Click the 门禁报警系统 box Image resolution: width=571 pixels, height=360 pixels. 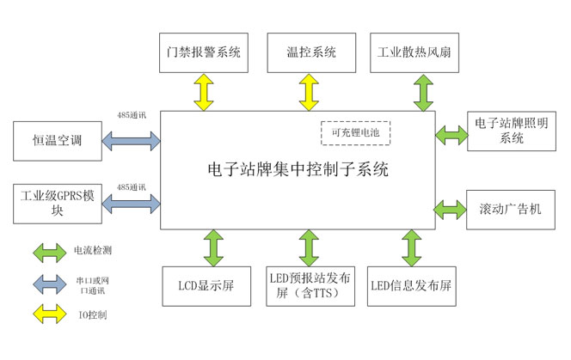[x=204, y=52]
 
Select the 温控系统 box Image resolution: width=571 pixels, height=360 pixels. [x=310, y=52]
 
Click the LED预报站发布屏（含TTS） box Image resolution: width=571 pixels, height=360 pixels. [x=310, y=285]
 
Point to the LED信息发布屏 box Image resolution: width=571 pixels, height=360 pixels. [x=411, y=285]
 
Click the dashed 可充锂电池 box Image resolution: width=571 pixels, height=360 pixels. [x=355, y=133]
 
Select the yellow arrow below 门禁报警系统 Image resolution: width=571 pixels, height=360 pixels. [x=204, y=91]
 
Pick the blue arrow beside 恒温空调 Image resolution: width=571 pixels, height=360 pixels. [x=131, y=139]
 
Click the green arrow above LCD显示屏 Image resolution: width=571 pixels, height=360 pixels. [x=212, y=247]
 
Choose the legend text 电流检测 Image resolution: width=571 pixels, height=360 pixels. [x=93, y=251]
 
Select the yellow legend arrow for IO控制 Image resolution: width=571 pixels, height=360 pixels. [x=48, y=315]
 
